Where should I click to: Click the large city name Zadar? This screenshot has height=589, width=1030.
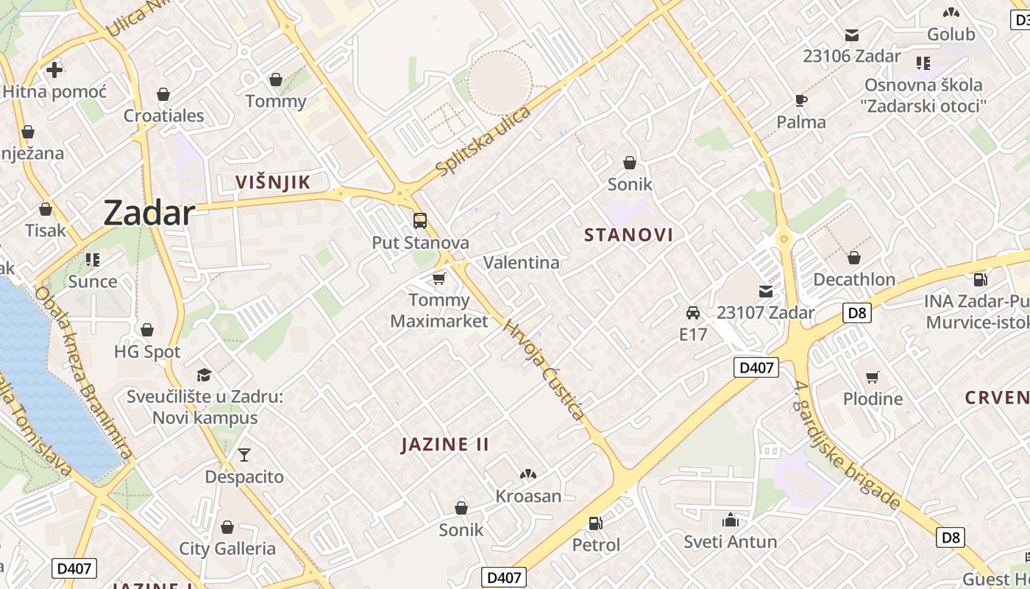pyautogui.click(x=149, y=213)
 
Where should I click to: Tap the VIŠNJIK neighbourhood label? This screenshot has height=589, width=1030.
pyautogui.click(x=272, y=182)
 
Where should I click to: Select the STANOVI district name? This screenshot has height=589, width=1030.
pyautogui.click(x=628, y=235)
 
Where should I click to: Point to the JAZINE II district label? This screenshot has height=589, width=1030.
pyautogui.click(x=445, y=445)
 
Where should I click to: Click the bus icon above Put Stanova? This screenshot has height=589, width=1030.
pyautogui.click(x=420, y=220)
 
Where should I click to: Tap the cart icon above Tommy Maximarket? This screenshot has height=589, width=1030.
pyautogui.click(x=439, y=278)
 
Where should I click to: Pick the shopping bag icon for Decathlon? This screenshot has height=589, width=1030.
pyautogui.click(x=854, y=258)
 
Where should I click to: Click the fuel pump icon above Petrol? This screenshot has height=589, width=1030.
pyautogui.click(x=596, y=523)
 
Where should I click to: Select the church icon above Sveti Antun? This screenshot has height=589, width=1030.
pyautogui.click(x=731, y=521)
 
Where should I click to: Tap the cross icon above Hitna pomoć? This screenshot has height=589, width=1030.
pyautogui.click(x=54, y=70)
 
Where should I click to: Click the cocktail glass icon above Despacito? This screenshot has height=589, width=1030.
pyautogui.click(x=244, y=455)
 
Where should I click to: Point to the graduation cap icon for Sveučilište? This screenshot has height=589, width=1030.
pyautogui.click(x=205, y=375)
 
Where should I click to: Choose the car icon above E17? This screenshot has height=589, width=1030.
pyautogui.click(x=692, y=312)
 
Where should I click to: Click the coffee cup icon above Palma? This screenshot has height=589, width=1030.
pyautogui.click(x=801, y=100)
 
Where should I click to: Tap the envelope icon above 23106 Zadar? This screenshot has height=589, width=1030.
pyautogui.click(x=852, y=35)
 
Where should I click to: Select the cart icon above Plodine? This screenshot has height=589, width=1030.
pyautogui.click(x=873, y=377)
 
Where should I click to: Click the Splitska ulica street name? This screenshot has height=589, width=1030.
pyautogui.click(x=483, y=141)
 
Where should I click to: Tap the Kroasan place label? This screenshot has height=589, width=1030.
pyautogui.click(x=528, y=496)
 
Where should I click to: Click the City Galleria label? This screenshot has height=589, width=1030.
pyautogui.click(x=227, y=549)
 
